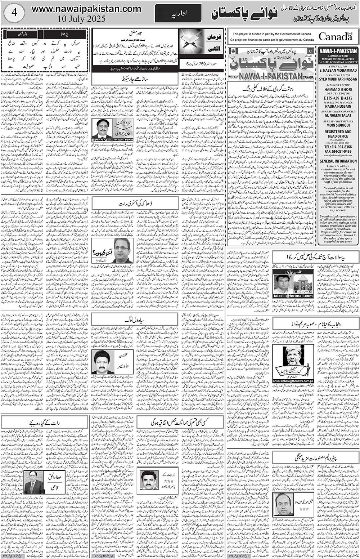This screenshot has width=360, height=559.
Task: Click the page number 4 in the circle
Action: click(14, 12)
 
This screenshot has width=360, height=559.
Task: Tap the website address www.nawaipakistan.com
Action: click(86, 9)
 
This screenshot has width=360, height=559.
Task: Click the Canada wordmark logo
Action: click(335, 36)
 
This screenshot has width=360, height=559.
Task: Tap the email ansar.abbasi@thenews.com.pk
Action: click(293, 381)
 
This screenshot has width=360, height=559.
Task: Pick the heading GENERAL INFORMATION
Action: click(337, 161)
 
